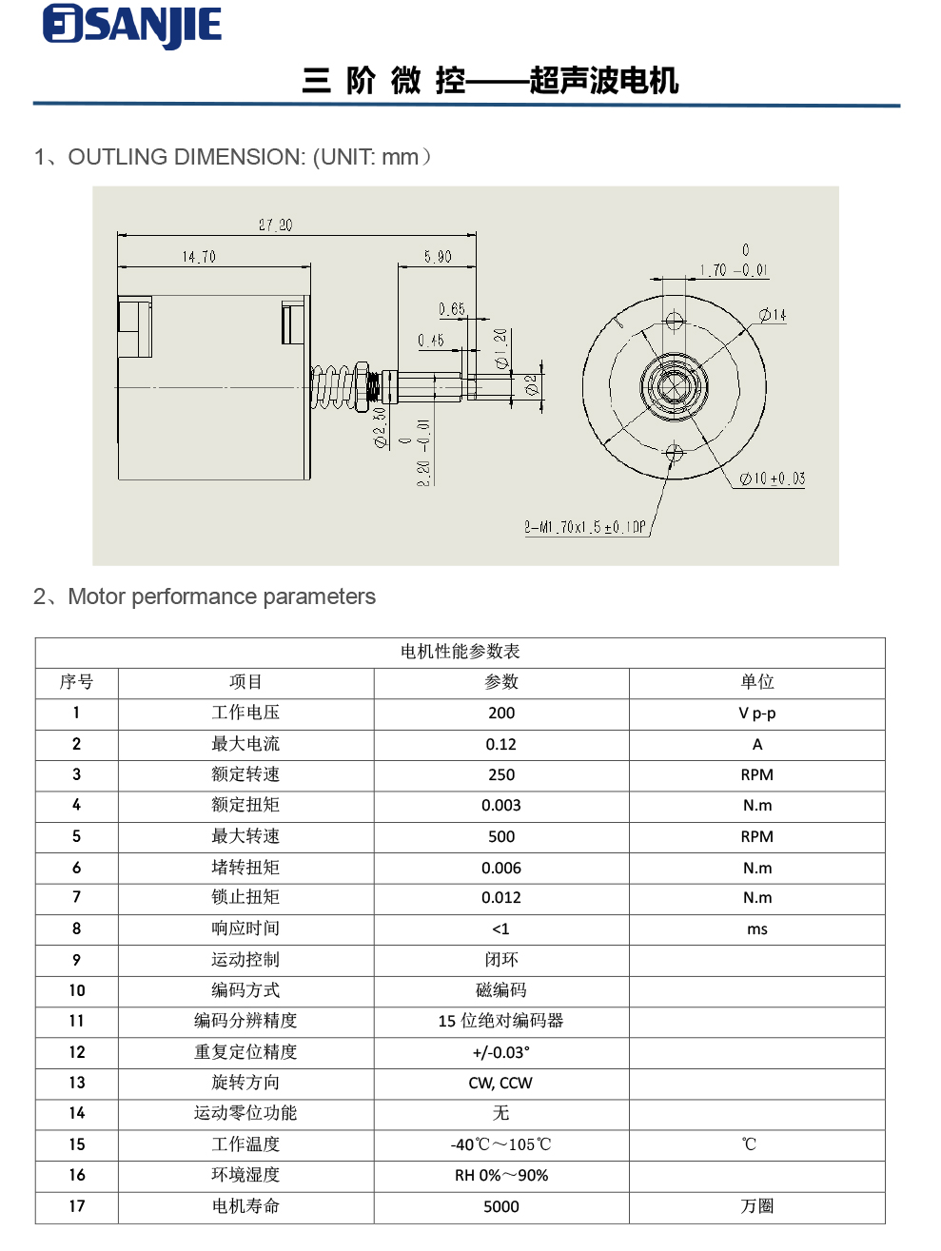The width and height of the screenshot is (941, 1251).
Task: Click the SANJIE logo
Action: pyautogui.click(x=132, y=26)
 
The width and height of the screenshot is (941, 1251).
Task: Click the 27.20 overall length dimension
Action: pyautogui.click(x=275, y=225)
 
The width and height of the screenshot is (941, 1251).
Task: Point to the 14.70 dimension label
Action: pyautogui.click(x=199, y=257)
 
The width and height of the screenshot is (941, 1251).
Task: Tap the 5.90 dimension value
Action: pyautogui.click(x=438, y=257)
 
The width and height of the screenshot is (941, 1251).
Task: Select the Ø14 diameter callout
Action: pyautogui.click(x=773, y=315)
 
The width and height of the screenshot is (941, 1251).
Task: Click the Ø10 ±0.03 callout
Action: pyautogui.click(x=773, y=479)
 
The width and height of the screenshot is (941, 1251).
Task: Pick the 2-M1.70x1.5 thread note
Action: pyautogui.click(x=585, y=527)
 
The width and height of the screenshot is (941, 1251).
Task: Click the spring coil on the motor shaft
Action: pyautogui.click(x=330, y=386)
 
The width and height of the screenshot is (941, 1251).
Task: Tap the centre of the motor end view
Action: pyautogui.click(x=674, y=386)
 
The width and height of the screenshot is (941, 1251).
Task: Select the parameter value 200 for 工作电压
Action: pyautogui.click(x=501, y=713)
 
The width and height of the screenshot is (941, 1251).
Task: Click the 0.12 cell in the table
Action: pyautogui.click(x=501, y=745)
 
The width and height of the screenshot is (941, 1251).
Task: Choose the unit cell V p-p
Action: pyautogui.click(x=757, y=713)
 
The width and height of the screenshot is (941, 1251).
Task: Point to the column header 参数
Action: pyautogui.click(x=501, y=682)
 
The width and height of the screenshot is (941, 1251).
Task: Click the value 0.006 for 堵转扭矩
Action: pyautogui.click(x=501, y=868)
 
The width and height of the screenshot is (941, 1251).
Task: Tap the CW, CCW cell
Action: pyautogui.click(x=501, y=1083)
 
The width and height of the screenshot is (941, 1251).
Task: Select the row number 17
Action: pyautogui.click(x=77, y=1206)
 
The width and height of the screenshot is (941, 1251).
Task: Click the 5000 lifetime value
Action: pyautogui.click(x=501, y=1206)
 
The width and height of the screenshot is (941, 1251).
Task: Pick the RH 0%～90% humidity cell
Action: pyautogui.click(x=501, y=1176)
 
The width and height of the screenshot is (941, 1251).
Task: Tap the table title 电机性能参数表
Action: pyautogui.click(x=461, y=652)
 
